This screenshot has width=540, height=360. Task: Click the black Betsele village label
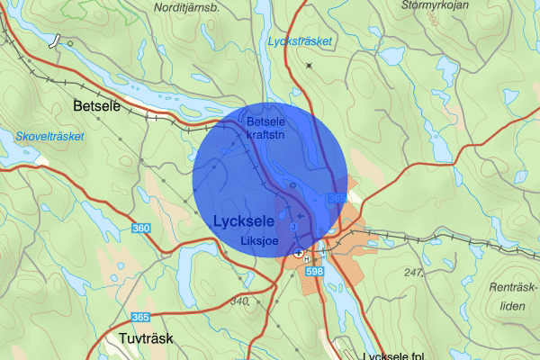click(x=94, y=107)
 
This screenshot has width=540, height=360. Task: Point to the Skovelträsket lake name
click(x=49, y=137)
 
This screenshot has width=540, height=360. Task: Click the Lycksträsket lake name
click(x=300, y=42)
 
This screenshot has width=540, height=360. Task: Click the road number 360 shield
click(x=140, y=229)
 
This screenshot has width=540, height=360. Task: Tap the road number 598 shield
click(x=314, y=271)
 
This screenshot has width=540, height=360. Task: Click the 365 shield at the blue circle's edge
click(x=337, y=198)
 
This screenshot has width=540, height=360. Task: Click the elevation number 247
click(x=413, y=272)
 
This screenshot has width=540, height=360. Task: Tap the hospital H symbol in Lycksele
click(x=306, y=257)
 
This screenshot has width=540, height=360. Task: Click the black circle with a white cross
click(x=298, y=254)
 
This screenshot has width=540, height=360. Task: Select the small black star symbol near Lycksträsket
click(x=309, y=66)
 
